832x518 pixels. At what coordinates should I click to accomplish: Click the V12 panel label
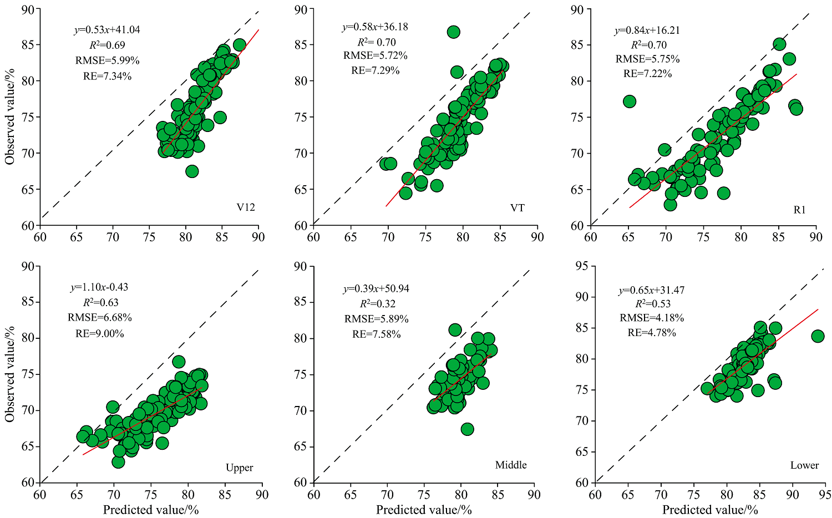pos(246,208)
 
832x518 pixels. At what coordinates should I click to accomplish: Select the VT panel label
pos(518,208)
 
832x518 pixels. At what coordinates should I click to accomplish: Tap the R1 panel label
pos(799,210)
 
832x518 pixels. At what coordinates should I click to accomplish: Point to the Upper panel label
pos(239,468)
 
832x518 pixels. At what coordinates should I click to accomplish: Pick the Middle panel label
pos(511,465)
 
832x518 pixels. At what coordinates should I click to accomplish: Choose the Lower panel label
pos(804,465)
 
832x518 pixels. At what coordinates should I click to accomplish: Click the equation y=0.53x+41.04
pos(106,30)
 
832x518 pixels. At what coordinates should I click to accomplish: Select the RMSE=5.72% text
pos(376,55)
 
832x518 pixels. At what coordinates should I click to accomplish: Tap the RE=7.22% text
pos(647,73)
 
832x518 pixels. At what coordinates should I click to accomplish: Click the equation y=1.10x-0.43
pos(99,287)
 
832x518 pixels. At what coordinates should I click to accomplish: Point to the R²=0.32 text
pos(376,303)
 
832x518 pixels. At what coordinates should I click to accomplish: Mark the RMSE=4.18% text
pos(652,318)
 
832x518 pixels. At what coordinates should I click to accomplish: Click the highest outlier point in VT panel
pos(453,32)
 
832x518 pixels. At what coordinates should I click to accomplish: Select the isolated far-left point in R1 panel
pos(629,101)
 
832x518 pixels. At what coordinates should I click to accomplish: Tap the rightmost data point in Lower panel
pos(818,336)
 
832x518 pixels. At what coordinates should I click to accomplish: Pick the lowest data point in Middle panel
pos(467,429)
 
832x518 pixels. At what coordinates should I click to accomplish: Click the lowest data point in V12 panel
pos(192,171)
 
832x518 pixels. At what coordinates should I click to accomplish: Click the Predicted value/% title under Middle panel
pos(424,510)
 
